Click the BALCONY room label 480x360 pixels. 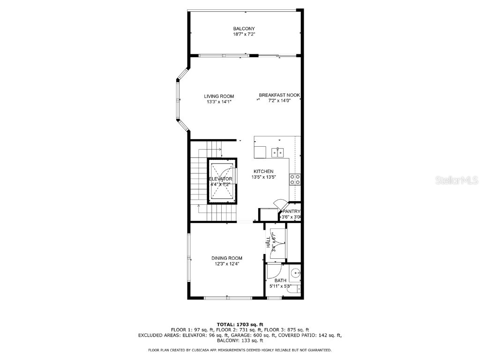click(244, 29)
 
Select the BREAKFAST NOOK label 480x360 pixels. click(279, 95)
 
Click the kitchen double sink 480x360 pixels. click(278, 152)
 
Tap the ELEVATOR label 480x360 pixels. click(220, 179)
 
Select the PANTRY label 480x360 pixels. click(291, 211)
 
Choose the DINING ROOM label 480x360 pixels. click(227, 258)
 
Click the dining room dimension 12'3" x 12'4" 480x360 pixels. click(227, 264)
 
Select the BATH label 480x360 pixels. click(280, 280)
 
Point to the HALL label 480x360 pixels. click(268, 242)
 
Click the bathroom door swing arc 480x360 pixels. click(274, 271)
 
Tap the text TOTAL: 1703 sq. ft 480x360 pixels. click(240, 324)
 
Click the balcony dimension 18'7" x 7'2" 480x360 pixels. click(244, 34)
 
